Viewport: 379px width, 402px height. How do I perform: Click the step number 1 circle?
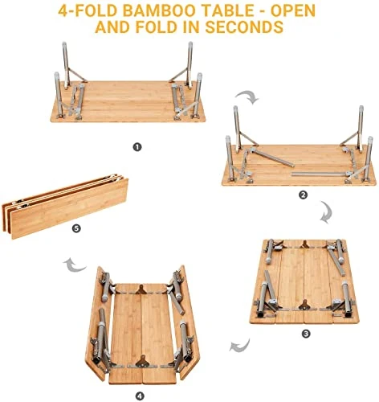click(x=137, y=147)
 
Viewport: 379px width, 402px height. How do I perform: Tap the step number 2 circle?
click(x=303, y=195)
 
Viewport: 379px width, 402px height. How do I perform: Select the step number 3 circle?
click(x=306, y=334)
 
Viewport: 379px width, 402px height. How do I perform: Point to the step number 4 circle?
click(x=140, y=396)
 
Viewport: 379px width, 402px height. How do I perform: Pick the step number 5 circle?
click(x=76, y=228)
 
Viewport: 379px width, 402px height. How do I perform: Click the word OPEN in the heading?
click(x=293, y=10)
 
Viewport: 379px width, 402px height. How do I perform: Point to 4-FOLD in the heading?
click(x=88, y=10)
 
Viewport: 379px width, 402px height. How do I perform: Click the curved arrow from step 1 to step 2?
click(x=248, y=96)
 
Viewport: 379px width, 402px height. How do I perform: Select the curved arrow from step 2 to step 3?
click(x=327, y=212)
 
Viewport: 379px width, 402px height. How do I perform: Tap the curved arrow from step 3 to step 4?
click(x=240, y=346)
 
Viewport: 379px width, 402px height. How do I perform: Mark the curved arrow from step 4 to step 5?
click(x=75, y=265)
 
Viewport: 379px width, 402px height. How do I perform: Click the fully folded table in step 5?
click(x=65, y=206)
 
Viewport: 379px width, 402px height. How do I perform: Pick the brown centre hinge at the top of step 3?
click(x=304, y=244)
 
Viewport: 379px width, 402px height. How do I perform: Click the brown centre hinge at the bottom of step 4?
click(x=141, y=362)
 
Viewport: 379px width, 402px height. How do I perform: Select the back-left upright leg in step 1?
click(x=66, y=65)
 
